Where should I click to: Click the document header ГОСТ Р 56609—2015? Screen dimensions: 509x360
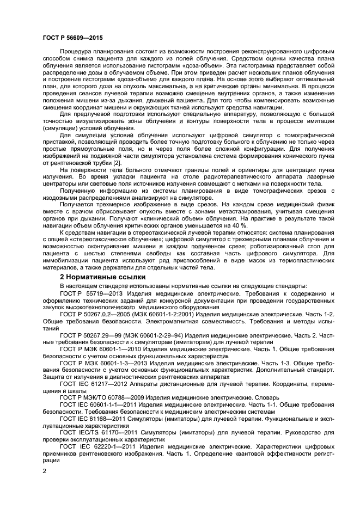(x=72, y=38)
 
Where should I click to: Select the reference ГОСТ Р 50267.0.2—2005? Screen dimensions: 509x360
(x=97, y=314)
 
